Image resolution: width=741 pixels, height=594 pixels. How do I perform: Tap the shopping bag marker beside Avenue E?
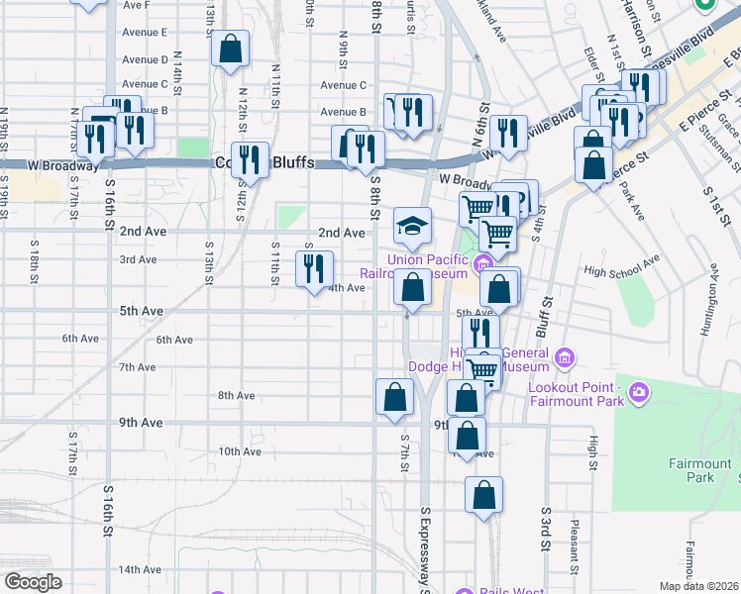(x=230, y=49)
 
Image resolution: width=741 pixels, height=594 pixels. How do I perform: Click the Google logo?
(x=33, y=582)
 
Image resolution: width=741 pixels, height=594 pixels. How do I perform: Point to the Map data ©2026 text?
(x=699, y=586)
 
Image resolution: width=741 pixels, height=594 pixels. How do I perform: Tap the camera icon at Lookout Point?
(x=638, y=393)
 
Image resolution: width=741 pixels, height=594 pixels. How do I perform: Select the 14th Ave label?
(x=140, y=570)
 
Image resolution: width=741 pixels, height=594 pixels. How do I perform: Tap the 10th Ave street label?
(x=239, y=451)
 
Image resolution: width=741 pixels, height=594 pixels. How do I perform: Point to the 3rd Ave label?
(x=139, y=260)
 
